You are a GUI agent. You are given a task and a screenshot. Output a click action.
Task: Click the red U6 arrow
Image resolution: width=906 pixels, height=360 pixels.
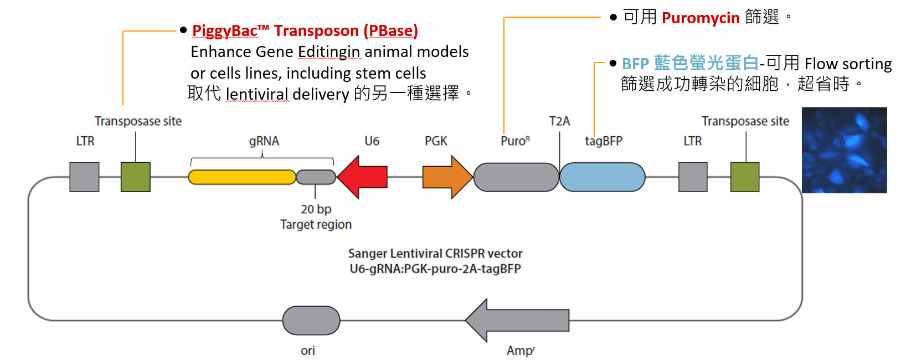363,177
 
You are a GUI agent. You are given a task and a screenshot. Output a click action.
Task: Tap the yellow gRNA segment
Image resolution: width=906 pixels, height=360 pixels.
242,177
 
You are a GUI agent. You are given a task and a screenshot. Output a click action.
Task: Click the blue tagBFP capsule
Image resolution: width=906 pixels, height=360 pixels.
603,177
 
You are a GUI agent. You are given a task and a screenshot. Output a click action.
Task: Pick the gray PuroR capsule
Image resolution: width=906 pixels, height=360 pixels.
516,177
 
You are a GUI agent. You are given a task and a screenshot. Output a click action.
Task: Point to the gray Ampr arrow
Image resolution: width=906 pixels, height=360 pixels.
518,320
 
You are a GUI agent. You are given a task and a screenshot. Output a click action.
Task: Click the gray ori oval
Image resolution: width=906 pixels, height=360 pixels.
311,321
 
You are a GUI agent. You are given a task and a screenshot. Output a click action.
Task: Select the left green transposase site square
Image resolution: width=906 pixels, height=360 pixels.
136,177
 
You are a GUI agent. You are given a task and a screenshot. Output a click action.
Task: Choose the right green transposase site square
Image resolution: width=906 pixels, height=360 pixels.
745,177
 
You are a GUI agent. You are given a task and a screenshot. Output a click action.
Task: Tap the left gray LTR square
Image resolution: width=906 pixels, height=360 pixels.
84,177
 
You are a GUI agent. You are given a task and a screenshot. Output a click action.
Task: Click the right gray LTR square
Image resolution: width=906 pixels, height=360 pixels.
693,177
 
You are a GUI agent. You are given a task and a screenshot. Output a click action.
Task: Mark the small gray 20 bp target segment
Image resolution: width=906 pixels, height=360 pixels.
316,177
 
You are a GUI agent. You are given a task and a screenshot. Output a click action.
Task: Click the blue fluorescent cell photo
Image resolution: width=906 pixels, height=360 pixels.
845,150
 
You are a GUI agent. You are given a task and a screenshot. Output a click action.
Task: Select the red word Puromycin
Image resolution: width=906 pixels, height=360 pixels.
701,18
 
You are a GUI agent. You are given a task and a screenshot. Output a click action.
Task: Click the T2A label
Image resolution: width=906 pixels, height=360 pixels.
559,121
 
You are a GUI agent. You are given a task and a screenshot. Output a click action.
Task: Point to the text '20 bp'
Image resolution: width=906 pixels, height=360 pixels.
316,209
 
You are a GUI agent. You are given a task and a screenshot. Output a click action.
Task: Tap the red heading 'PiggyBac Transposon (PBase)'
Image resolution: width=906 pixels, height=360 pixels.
305,30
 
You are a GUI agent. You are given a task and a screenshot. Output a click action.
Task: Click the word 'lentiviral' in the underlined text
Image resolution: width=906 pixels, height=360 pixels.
257,94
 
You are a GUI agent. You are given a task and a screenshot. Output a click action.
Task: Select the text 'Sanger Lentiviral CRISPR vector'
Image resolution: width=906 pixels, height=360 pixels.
435,254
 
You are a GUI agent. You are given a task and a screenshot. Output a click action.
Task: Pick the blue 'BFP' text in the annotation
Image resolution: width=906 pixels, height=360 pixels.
635,64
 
